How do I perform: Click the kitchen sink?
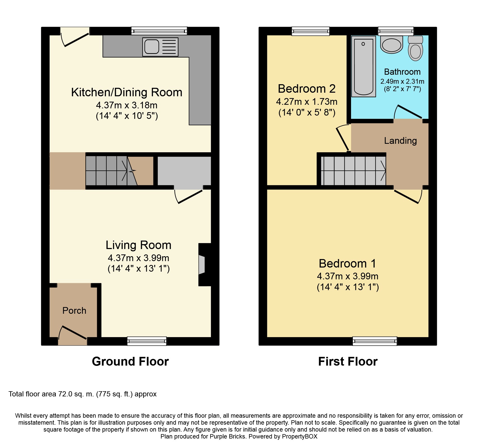click(x=160, y=47)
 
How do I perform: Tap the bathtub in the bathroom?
click(x=364, y=66)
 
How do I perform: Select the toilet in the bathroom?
click(x=415, y=48)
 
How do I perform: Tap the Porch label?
click(x=74, y=311)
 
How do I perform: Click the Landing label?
click(x=400, y=141)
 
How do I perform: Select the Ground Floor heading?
click(x=130, y=361)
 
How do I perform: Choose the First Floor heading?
click(x=348, y=361)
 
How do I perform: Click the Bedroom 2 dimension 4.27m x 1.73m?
click(x=307, y=102)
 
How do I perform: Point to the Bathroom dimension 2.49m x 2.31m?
click(x=402, y=81)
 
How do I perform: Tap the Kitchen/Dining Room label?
click(x=127, y=92)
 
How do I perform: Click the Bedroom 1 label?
click(x=347, y=264)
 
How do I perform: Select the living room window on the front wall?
click(x=147, y=341)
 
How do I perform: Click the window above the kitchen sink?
click(x=159, y=31)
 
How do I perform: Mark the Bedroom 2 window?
click(x=310, y=31)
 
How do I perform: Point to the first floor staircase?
click(x=353, y=171)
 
